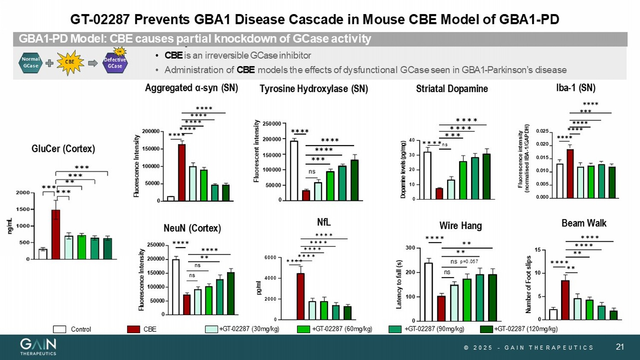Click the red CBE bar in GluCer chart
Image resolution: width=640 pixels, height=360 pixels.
tap(56, 234)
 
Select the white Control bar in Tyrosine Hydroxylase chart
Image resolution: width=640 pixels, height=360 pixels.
tap(294, 171)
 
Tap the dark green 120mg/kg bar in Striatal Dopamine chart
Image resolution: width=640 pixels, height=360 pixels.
tap(486, 177)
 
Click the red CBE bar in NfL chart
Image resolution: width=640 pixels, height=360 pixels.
tap(300, 296)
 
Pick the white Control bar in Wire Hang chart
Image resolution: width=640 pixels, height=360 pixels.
tap(428, 292)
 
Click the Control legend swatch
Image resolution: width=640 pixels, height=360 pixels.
tap(59, 329)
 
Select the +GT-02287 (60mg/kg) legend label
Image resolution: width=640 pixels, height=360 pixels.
tap(342, 329)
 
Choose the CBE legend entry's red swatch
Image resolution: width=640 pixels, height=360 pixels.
tap(134, 329)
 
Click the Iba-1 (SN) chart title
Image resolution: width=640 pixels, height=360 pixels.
tap(576, 88)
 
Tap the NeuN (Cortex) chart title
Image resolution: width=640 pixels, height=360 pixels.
tap(192, 228)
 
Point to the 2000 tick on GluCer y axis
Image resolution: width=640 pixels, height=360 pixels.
tap(23, 193)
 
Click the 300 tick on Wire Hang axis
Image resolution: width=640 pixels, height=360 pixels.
tap(410, 248)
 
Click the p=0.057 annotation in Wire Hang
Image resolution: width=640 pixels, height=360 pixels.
tap(469, 261)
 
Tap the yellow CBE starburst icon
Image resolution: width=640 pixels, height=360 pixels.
tap(70, 62)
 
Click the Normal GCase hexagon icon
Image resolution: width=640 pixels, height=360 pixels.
tap(31, 63)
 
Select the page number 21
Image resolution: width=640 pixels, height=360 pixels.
tap(620, 347)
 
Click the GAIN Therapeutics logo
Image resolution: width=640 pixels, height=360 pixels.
tap(38, 346)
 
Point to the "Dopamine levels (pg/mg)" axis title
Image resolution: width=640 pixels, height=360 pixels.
tap(403, 169)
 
